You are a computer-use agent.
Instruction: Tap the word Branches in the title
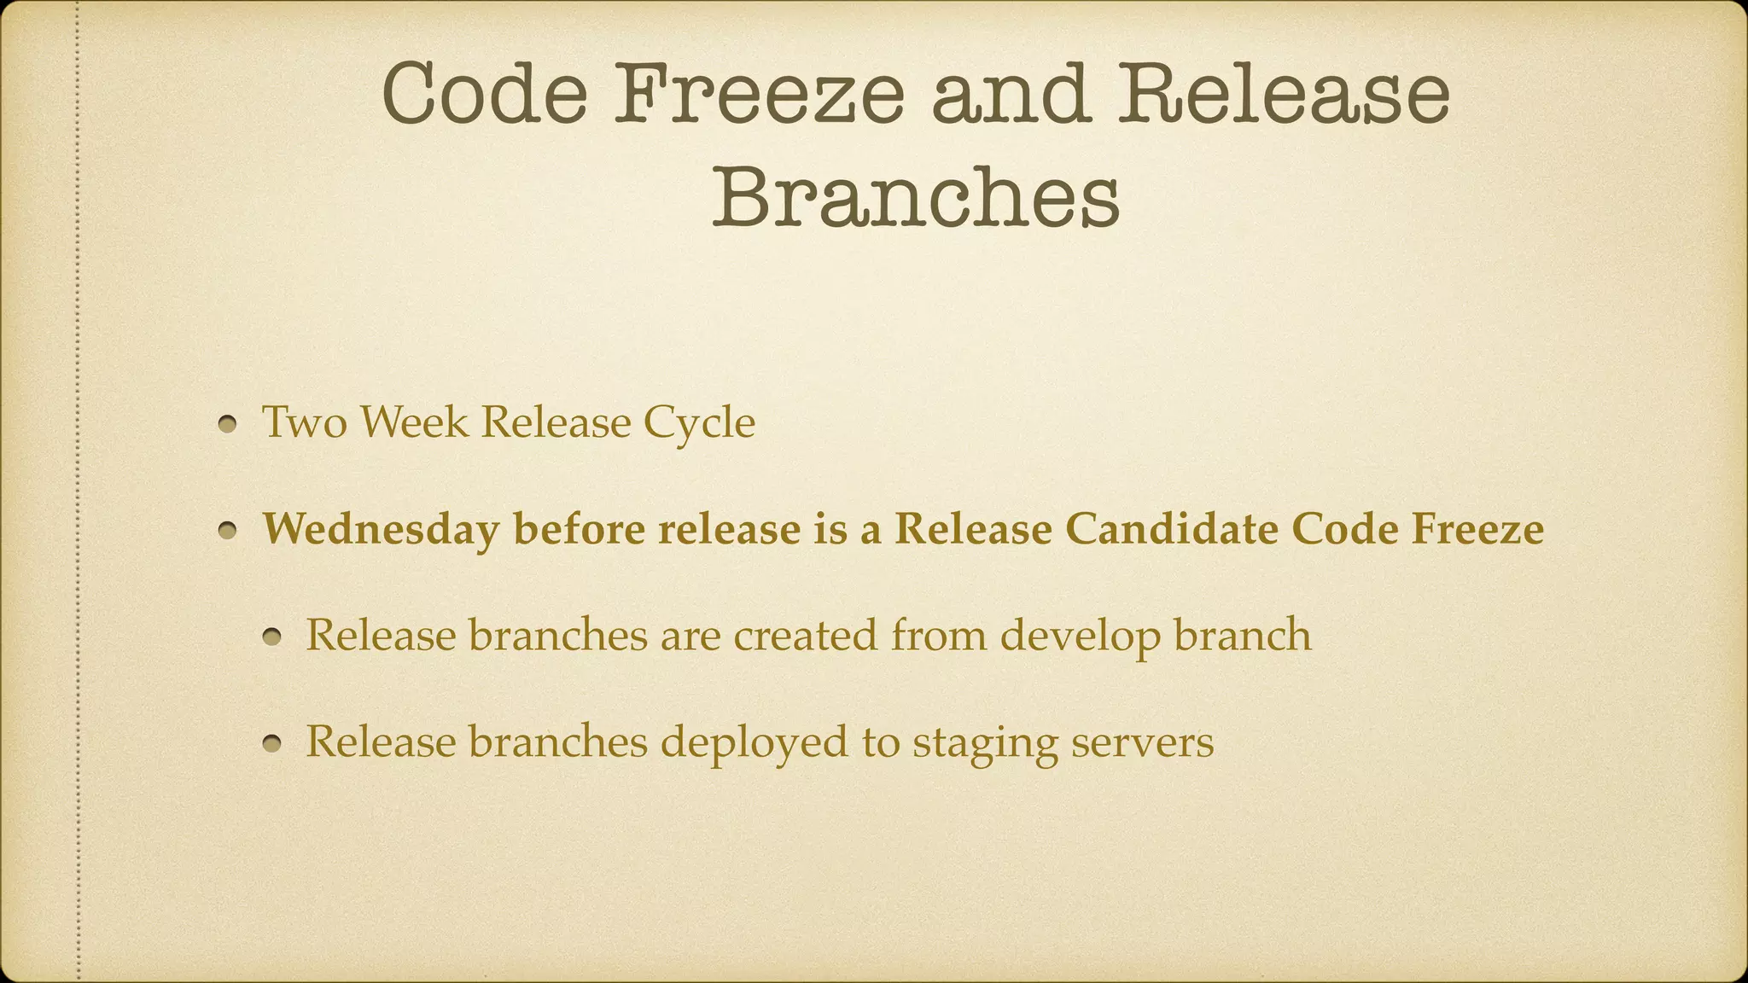point(916,198)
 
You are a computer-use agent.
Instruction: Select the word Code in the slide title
point(484,94)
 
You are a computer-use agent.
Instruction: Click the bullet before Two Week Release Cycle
point(227,424)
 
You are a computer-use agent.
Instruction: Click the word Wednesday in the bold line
point(381,529)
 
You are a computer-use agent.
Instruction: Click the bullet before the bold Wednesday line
point(227,531)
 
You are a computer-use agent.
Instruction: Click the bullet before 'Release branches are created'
point(271,637)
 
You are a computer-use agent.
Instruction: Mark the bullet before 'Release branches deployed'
point(271,744)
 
